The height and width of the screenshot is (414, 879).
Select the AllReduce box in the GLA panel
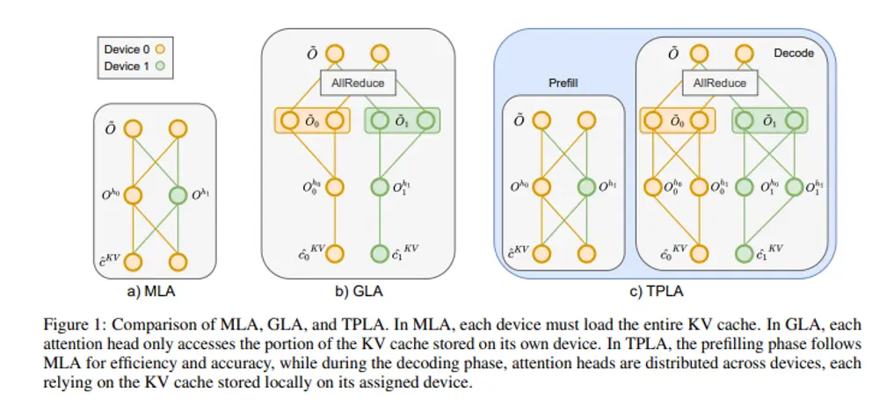[x=359, y=84]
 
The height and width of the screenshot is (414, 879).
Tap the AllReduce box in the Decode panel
[x=720, y=83]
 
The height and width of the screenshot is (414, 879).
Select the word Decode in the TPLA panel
[x=794, y=54]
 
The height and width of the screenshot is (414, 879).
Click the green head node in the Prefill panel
[x=585, y=187]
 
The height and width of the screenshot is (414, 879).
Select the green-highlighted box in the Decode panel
[x=767, y=120]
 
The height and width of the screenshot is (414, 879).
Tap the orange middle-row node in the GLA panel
[x=335, y=187]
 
